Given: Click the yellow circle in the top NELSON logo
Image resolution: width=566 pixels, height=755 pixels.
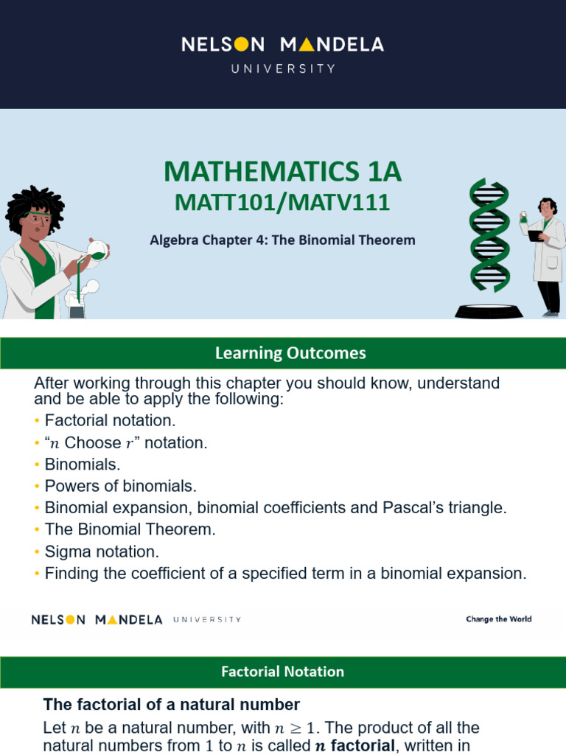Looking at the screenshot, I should pos(240,45).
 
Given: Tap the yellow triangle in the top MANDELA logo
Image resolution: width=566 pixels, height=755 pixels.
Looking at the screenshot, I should pos(307,45).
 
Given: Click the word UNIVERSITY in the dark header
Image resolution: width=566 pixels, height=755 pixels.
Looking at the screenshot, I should pos(283,69).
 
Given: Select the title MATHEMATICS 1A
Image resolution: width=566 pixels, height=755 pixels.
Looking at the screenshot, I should pos(283,171).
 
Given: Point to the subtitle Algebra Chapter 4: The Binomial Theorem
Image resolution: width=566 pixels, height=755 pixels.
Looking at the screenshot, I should pos(283,240).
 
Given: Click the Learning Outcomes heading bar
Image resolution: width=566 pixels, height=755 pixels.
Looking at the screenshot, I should pos(283,353).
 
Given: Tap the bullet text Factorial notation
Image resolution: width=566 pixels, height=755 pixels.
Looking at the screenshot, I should pos(111,421).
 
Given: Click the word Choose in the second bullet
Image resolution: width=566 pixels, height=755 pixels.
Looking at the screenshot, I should pos(93,443).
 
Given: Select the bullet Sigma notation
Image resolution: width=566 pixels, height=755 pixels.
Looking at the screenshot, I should pos(102,552).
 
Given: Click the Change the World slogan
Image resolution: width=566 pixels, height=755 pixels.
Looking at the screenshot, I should pos(498,619).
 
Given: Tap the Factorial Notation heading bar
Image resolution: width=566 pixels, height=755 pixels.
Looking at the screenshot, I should pos(283,672).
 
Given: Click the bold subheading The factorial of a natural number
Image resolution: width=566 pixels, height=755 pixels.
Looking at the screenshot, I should pos(172,703).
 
